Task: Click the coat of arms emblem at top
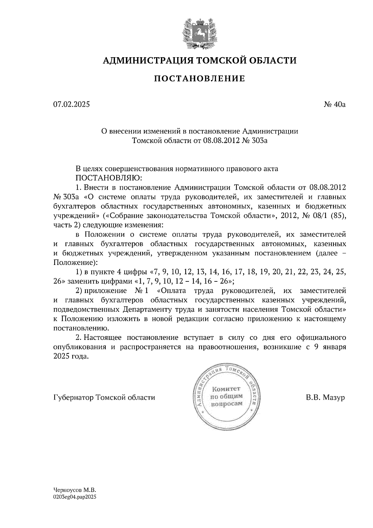pos(199,34)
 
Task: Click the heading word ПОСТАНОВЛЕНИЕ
pos(200,79)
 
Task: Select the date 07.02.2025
pos(71,104)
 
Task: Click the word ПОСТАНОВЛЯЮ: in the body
pos(109,178)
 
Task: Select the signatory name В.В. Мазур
pos(325,397)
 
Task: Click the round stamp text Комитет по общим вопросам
pos(226,396)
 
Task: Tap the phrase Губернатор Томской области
pos(104,397)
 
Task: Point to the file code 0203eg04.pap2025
pos(75,497)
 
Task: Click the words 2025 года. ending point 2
pos(71,357)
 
